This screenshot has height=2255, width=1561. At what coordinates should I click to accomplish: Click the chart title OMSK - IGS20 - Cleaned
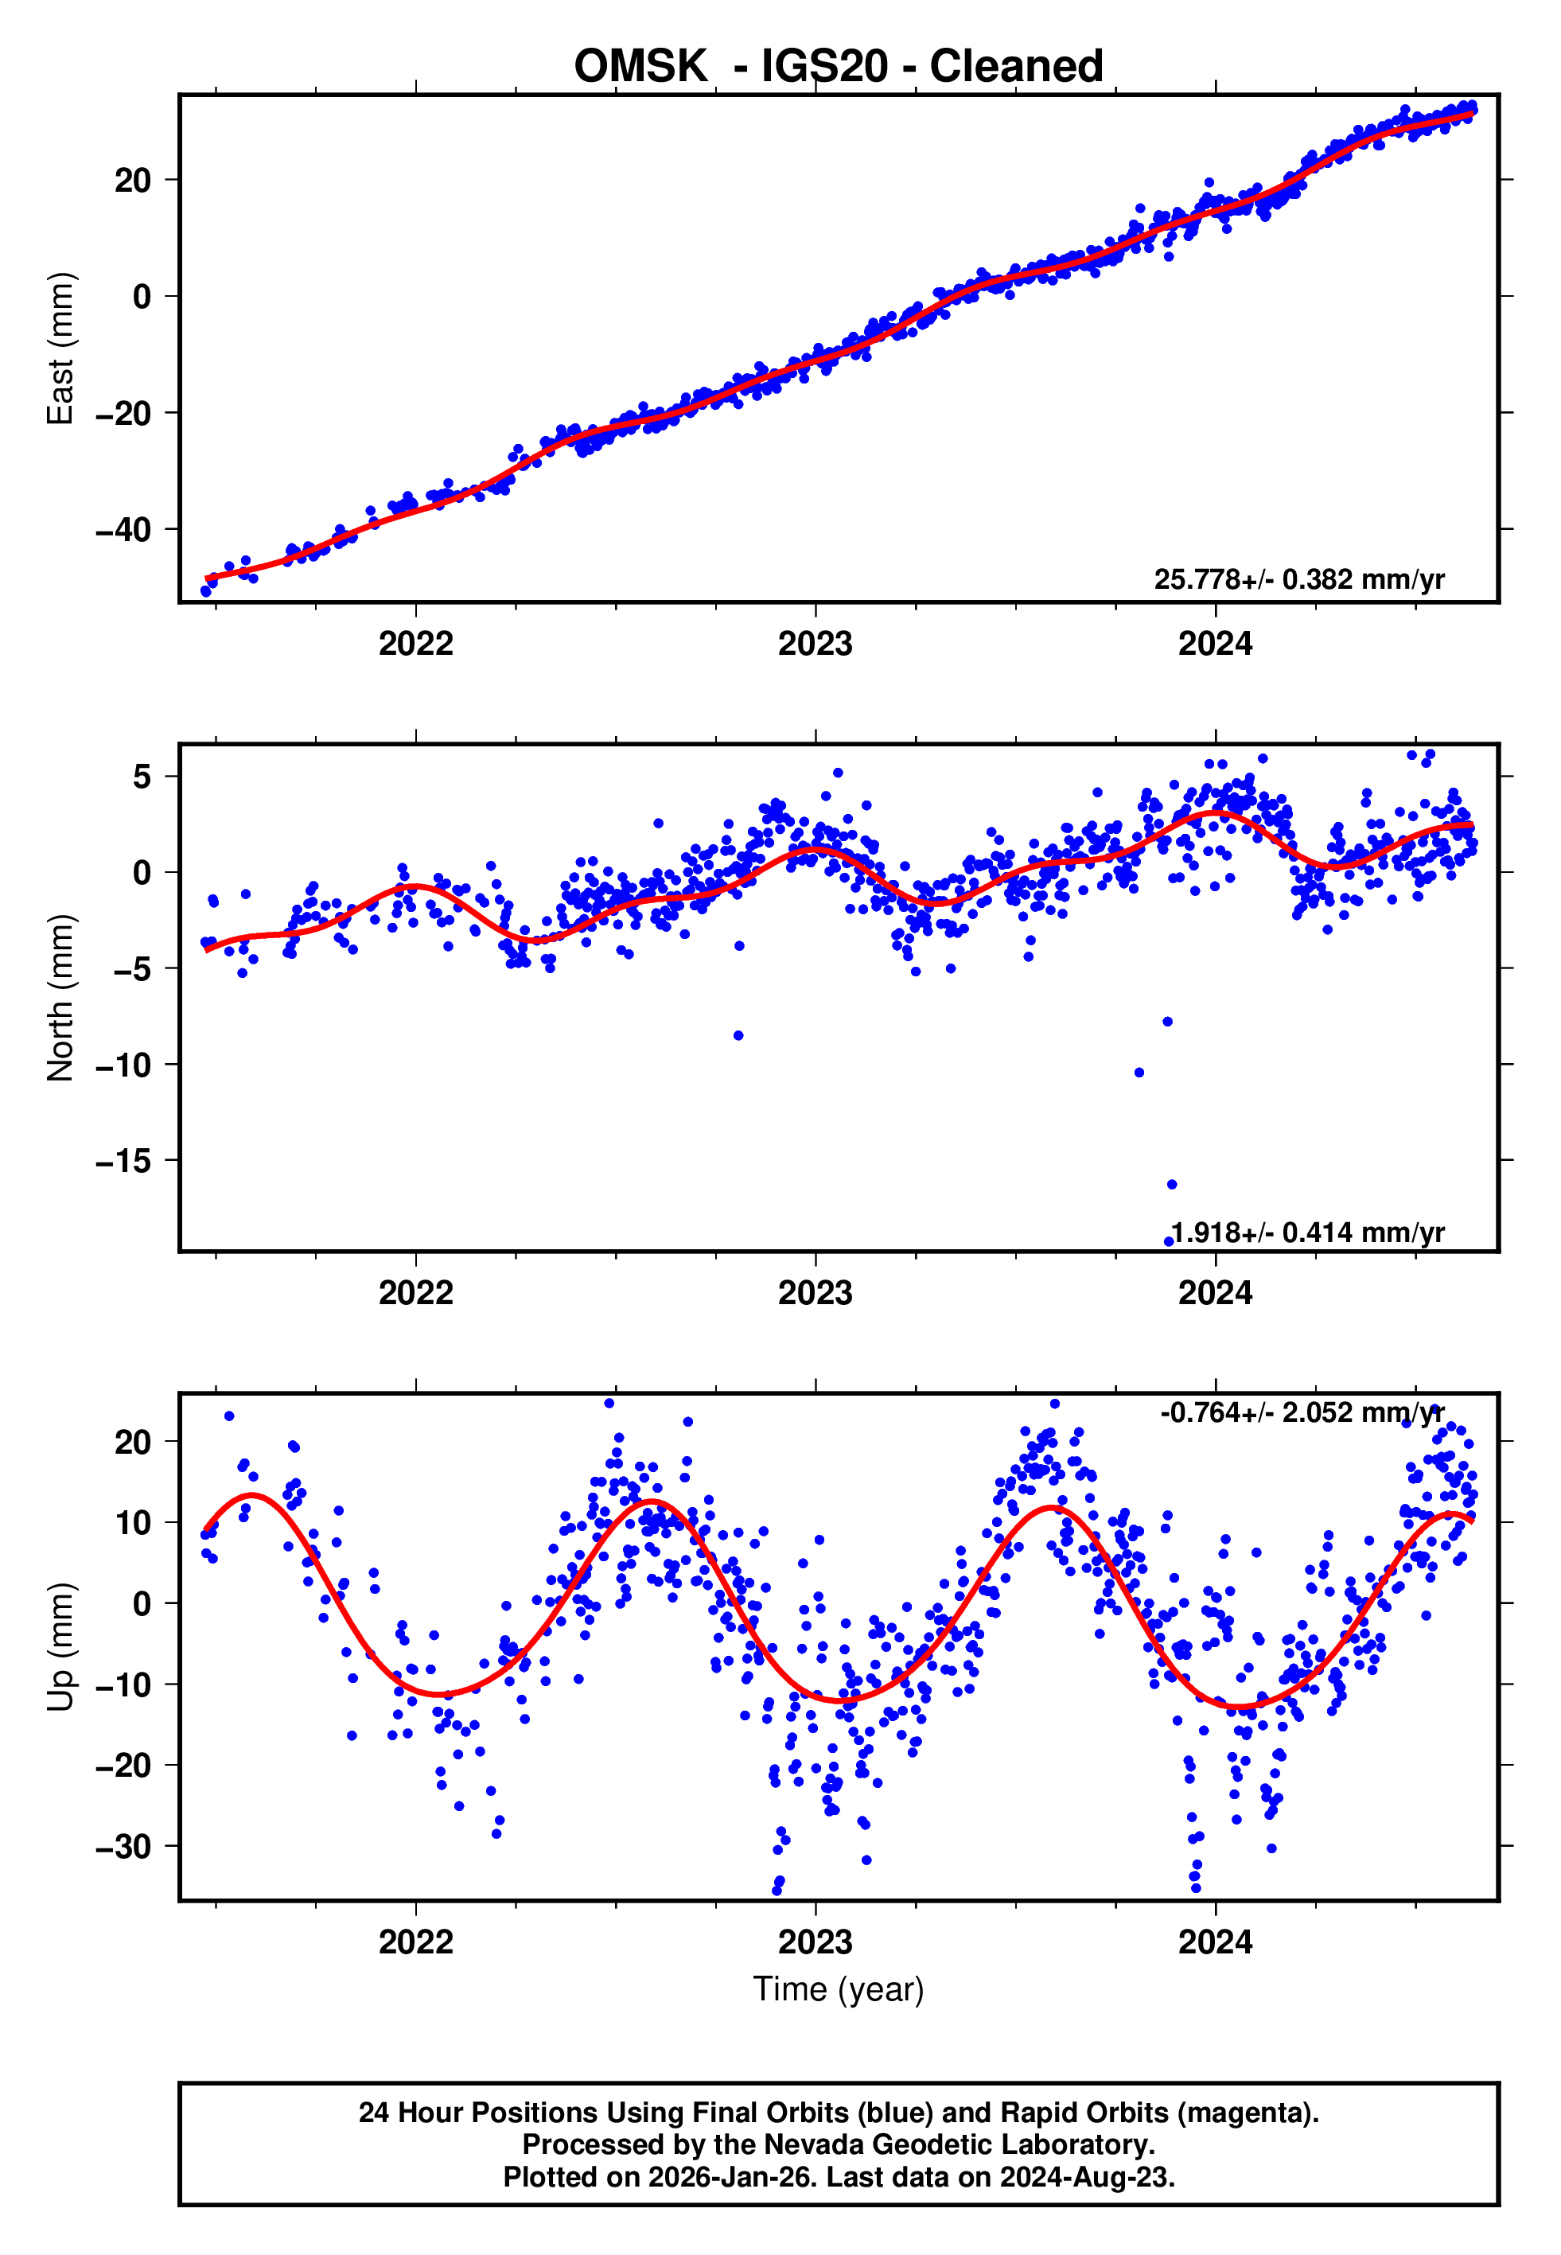[x=839, y=67]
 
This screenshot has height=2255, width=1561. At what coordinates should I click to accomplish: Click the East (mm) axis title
[x=60, y=349]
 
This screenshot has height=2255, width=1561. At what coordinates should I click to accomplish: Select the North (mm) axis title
[x=60, y=998]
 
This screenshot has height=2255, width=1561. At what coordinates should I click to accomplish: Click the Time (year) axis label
[x=839, y=1989]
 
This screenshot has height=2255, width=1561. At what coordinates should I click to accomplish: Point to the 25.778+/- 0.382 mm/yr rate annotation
[x=1299, y=580]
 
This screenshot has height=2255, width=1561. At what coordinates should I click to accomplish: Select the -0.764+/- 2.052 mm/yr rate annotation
[x=1301, y=1412]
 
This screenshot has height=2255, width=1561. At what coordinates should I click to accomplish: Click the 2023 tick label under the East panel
[x=815, y=644]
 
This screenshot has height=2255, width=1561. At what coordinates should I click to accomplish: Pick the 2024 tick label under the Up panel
[x=1215, y=1941]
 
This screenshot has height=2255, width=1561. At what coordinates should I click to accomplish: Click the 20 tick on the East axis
[x=133, y=181]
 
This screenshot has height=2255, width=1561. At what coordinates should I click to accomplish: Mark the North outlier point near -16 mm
[x=1172, y=1184]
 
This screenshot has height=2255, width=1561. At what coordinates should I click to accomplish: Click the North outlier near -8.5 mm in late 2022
[x=738, y=1035]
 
